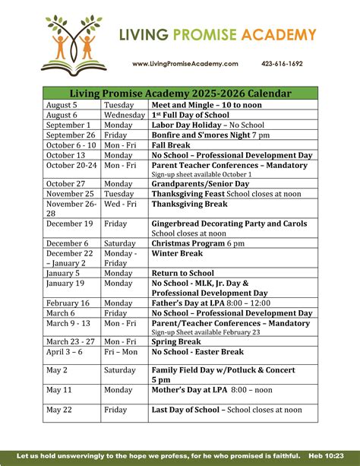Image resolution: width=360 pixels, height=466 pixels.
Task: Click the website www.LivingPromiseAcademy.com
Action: click(185, 64)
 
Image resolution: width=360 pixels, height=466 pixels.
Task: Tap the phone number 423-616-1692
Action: click(282, 64)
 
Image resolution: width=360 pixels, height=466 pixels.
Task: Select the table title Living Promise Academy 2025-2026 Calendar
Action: click(180, 93)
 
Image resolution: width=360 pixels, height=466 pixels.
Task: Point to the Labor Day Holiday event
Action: click(197, 125)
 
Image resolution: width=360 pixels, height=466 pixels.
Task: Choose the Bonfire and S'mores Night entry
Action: click(210, 135)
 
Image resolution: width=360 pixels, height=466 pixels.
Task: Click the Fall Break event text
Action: click(170, 144)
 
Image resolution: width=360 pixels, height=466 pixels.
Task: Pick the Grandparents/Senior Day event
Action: click(200, 184)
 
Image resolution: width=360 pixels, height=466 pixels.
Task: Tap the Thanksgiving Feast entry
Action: click(216, 194)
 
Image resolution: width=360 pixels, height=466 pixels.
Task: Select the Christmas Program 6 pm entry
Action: click(198, 243)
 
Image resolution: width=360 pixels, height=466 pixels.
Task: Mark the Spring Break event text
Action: click(176, 342)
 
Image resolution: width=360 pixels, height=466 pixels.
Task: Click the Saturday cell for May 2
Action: click(122, 370)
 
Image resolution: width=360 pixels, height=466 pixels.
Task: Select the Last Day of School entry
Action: click(226, 410)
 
